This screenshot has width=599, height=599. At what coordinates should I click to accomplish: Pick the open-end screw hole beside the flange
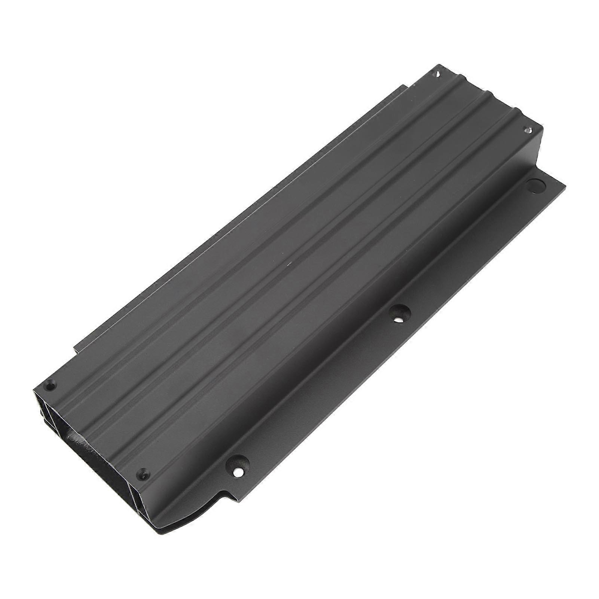point(143,472)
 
